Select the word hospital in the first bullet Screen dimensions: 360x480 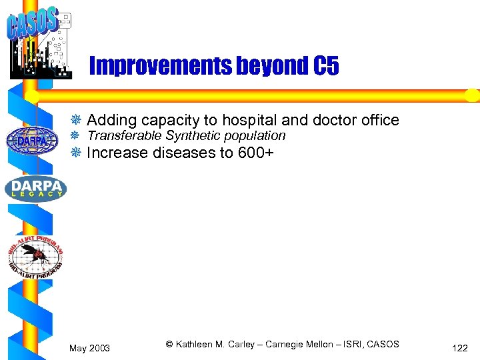250,121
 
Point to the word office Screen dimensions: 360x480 376,121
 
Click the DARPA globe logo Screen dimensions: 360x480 31,141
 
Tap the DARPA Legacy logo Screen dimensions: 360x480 35,189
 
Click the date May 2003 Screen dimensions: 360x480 90,348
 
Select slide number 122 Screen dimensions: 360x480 459,348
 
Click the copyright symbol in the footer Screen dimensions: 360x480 169,344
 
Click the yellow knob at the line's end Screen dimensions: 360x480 472,95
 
